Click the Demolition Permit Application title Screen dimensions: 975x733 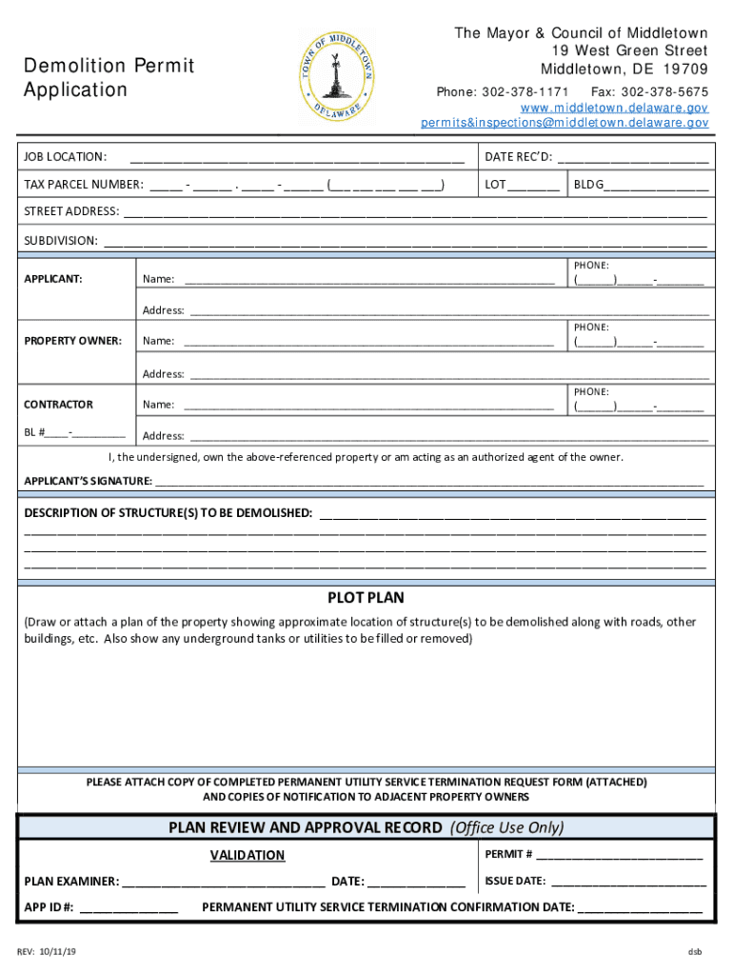pos(109,78)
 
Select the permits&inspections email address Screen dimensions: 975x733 pos(565,123)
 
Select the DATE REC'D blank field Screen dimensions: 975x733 pos(632,158)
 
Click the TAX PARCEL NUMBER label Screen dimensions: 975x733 pos(84,185)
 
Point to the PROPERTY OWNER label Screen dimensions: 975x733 pos(72,340)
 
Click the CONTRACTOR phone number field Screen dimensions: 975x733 pos(638,407)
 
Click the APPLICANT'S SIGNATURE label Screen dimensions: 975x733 pos(88,481)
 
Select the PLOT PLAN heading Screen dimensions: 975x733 pos(366,598)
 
